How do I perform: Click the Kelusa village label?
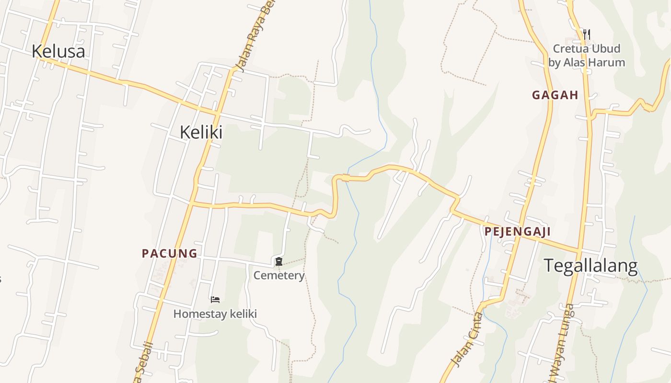[x=58, y=51]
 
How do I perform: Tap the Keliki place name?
[x=201, y=132]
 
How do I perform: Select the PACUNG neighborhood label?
[x=170, y=253]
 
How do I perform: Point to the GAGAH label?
[x=555, y=95]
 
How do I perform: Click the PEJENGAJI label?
[x=517, y=232]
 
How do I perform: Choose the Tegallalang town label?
[x=590, y=265]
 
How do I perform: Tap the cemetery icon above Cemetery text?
[x=279, y=261]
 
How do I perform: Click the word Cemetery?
[x=279, y=275]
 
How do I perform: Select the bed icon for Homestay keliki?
[x=215, y=300]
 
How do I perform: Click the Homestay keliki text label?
[x=215, y=314]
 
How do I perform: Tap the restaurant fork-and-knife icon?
[x=586, y=34]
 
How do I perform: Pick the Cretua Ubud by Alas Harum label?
[x=587, y=55]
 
